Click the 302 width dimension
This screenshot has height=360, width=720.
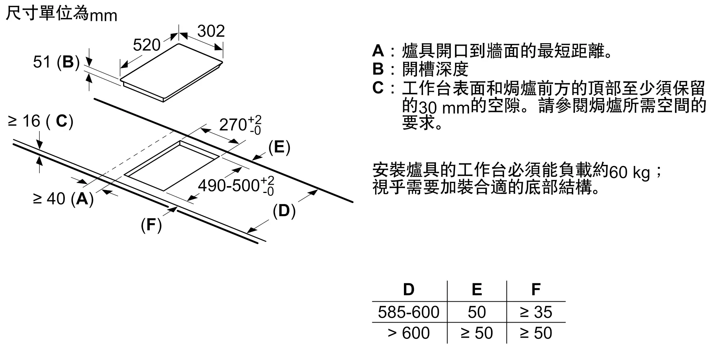[211, 31]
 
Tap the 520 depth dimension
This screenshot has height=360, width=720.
[147, 45]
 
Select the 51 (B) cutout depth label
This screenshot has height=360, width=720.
[56, 62]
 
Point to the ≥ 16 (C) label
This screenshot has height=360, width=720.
[40, 121]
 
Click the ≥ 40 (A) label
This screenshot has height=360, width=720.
[63, 198]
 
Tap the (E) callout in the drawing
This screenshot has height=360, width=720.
[279, 147]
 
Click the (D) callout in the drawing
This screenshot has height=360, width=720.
[284, 211]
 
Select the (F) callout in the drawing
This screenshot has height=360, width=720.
[151, 225]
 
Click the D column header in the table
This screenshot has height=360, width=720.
[409, 289]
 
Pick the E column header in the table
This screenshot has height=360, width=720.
[477, 289]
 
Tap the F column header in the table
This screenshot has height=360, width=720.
[536, 289]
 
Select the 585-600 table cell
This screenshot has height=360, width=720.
[409, 312]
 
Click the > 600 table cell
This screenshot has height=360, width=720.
[409, 333]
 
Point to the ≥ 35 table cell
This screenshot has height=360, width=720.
[536, 312]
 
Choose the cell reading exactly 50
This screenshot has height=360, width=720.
[477, 312]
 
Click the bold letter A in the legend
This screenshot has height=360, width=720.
[378, 51]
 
